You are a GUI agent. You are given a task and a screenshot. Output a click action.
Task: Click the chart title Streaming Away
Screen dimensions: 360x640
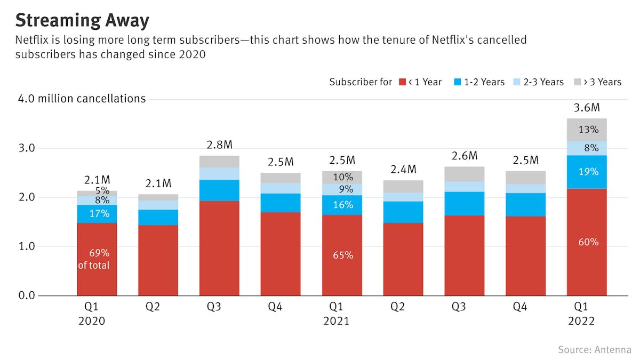[82, 20]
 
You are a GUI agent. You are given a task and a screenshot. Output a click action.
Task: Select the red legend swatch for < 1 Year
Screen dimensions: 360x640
[403, 82]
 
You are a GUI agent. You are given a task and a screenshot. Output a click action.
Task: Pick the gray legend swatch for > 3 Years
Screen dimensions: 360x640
[578, 82]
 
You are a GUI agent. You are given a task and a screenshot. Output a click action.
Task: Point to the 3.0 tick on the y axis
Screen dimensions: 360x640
[27, 148]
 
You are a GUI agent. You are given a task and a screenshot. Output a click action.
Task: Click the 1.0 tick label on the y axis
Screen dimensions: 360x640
[27, 246]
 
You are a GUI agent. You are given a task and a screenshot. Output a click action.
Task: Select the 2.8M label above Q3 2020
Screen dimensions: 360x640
[219, 145]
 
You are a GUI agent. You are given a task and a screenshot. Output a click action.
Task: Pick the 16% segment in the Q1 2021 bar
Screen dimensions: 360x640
[342, 205]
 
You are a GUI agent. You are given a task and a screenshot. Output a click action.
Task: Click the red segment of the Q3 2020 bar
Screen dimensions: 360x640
[219, 248]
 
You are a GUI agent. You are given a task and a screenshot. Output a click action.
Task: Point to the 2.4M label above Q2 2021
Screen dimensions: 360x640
[403, 170]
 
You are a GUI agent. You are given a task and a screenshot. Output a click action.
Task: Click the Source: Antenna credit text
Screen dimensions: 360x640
[595, 349]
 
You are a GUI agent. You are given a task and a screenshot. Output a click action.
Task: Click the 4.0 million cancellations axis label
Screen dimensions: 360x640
[82, 99]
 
